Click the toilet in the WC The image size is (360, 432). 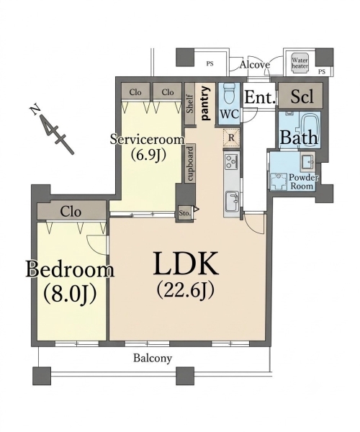[229, 94]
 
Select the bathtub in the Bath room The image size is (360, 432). [310, 129]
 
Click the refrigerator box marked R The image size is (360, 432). [231, 137]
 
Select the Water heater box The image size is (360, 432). [300, 63]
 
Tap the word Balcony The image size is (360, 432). [153, 358]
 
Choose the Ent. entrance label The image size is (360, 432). [259, 97]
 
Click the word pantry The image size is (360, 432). [205, 103]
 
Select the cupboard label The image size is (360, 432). [191, 163]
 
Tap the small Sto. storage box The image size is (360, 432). [184, 213]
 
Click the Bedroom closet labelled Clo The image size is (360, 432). [71, 212]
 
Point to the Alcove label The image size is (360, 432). [254, 65]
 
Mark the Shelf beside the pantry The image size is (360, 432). [190, 104]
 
